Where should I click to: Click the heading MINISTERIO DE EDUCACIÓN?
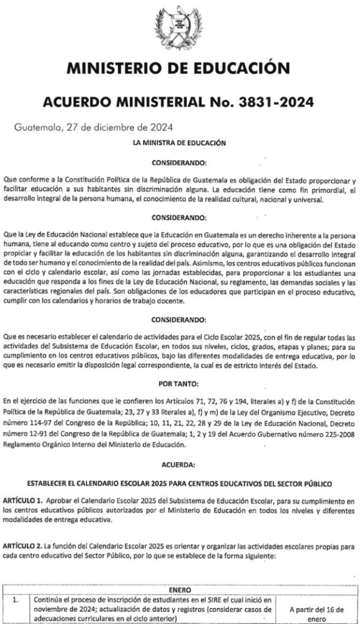click(x=180, y=67)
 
